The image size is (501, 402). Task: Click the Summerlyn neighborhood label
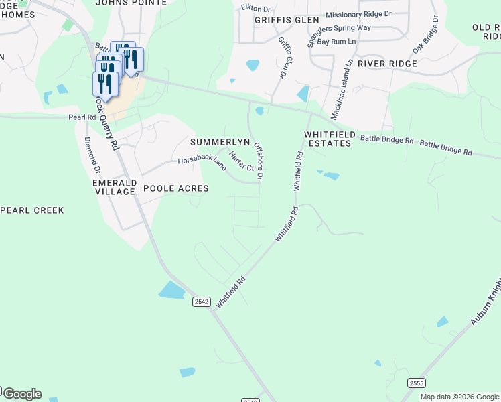(x=220, y=142)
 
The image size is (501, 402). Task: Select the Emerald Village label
(x=115, y=187)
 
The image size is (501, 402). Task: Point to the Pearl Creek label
(x=32, y=210)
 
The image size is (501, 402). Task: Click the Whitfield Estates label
(x=328, y=139)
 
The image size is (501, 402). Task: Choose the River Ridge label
(x=387, y=64)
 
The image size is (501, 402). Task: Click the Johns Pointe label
(x=131, y=3)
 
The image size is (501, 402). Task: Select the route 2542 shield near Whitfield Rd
(x=202, y=302)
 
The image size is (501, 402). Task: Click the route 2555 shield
(x=417, y=383)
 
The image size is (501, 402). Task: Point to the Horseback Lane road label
(x=202, y=161)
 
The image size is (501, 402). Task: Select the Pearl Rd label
(x=82, y=117)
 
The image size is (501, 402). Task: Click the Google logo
(x=21, y=394)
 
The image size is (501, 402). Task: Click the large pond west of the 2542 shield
(x=171, y=290)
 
